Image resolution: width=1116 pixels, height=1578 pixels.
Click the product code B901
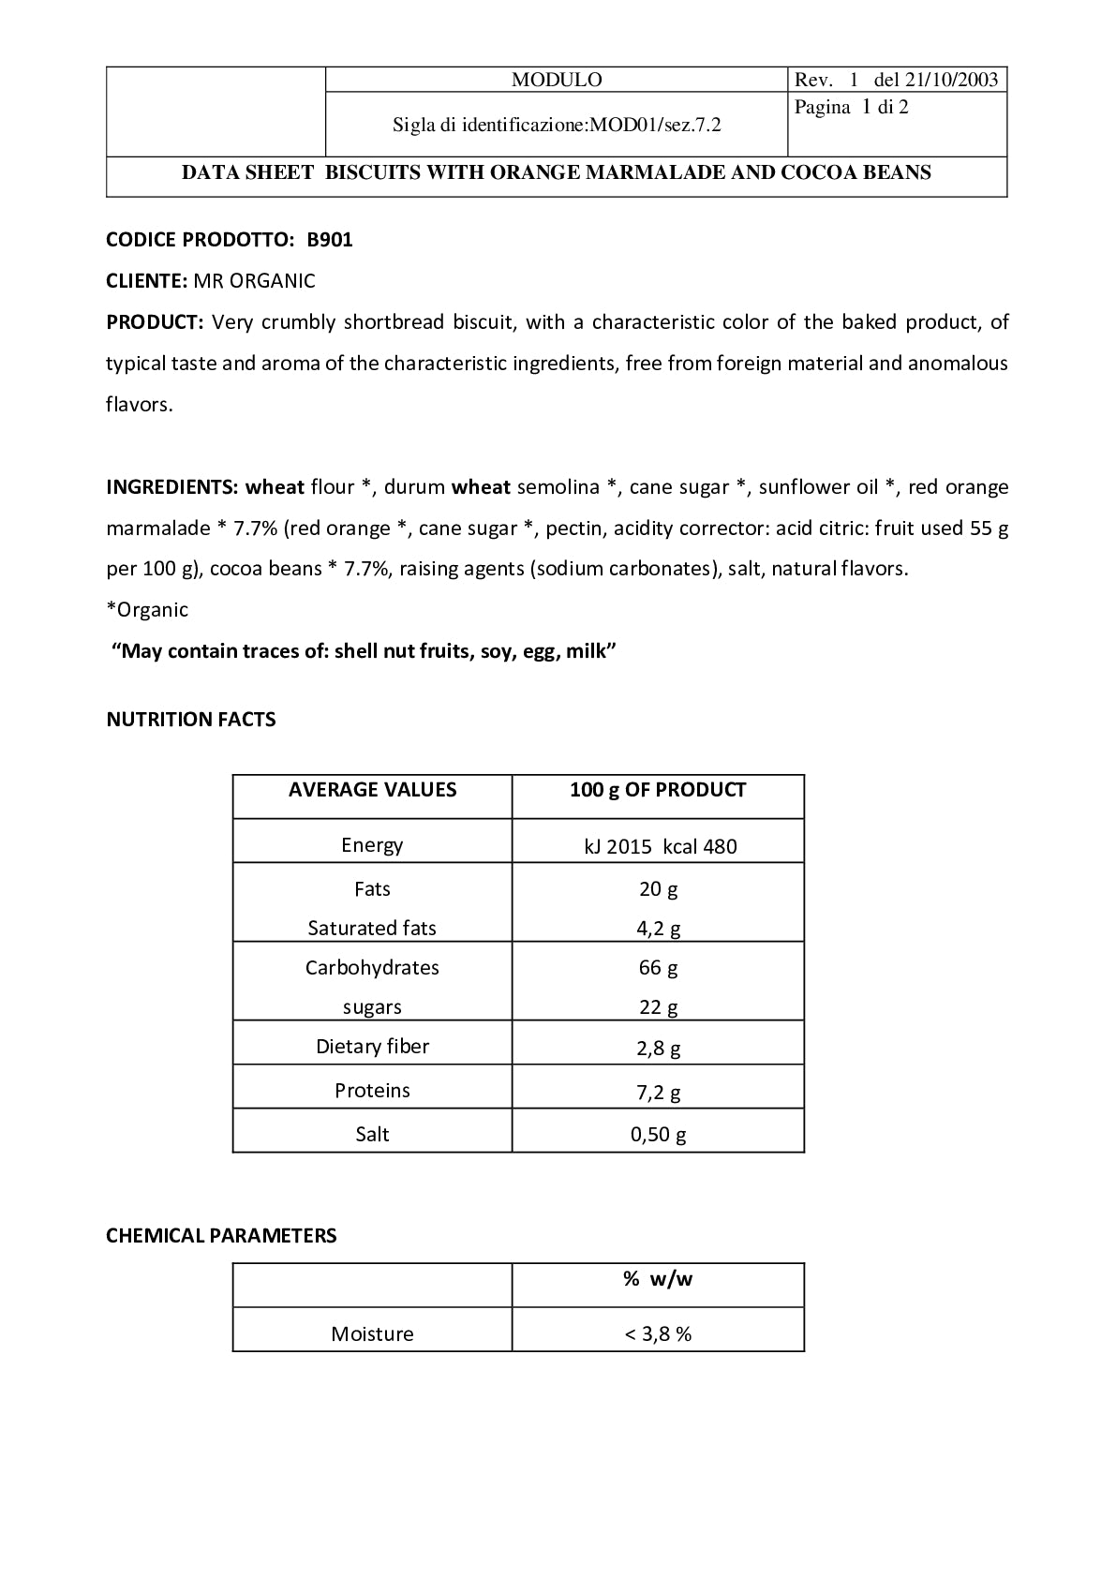[330, 240]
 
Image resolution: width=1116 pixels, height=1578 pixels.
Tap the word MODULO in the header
[557, 80]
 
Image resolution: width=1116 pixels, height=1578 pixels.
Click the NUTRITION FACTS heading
[191, 720]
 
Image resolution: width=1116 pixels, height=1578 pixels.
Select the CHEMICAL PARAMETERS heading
[221, 1236]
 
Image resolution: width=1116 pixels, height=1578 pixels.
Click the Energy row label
[372, 845]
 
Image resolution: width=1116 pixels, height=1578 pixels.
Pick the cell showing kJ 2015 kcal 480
[660, 847]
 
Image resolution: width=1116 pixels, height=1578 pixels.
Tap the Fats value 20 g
[658, 889]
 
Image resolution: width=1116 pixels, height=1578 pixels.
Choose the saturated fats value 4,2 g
[658, 929]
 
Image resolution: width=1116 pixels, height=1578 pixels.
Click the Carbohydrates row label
[372, 968]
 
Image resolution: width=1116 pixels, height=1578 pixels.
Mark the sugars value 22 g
[658, 1007]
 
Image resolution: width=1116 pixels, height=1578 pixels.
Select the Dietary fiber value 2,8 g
[658, 1048]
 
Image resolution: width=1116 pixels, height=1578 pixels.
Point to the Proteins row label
[372, 1091]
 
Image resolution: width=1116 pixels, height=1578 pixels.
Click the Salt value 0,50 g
[658, 1135]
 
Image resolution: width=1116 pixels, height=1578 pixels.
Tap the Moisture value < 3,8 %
[658, 1334]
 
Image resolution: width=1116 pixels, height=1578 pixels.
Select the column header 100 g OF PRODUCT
[658, 790]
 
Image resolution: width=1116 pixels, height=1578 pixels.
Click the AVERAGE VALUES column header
[372, 790]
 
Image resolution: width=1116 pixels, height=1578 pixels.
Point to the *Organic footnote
[147, 610]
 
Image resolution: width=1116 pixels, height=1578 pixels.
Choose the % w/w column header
[658, 1279]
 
